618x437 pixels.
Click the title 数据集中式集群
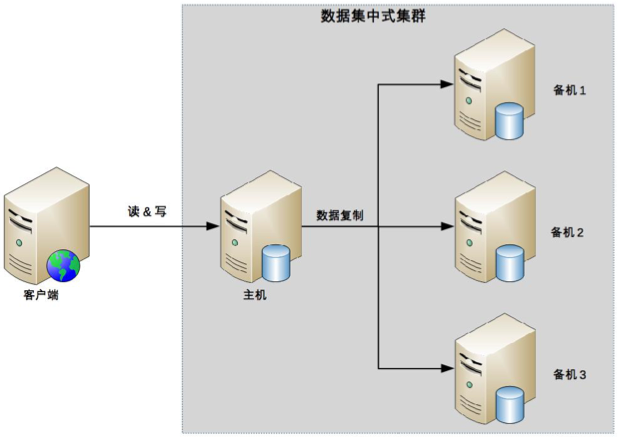pyautogui.click(x=373, y=16)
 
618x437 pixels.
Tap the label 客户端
pyautogui.click(x=41, y=295)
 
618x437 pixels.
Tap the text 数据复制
pyautogui.click(x=340, y=214)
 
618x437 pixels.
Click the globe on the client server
pyautogui.click(x=62, y=265)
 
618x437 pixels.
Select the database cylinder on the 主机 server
pyautogui.click(x=276, y=263)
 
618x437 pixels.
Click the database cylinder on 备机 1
pyautogui.click(x=509, y=122)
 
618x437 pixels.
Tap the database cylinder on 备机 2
pyautogui.click(x=509, y=264)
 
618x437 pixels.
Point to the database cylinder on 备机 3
pyautogui.click(x=509, y=406)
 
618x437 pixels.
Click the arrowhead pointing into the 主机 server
pyautogui.click(x=211, y=227)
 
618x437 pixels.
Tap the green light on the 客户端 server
pyautogui.click(x=18, y=243)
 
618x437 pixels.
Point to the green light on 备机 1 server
pyautogui.click(x=466, y=100)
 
